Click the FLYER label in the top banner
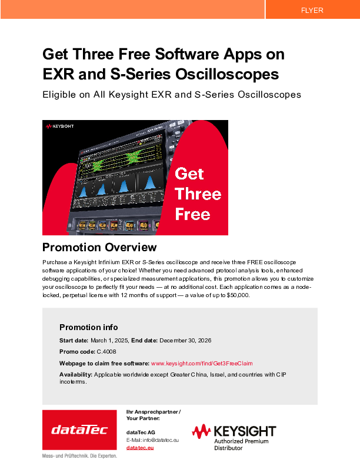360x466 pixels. click(x=312, y=11)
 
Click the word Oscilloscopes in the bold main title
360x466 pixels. click(x=227, y=74)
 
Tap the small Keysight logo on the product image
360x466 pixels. click(x=59, y=127)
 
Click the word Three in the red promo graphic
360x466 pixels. click(x=198, y=194)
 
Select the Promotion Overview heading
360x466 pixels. click(x=99, y=247)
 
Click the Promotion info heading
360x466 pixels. click(x=88, y=327)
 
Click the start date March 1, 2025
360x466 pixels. click(x=109, y=341)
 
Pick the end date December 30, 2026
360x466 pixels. click(x=185, y=341)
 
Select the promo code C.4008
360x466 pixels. click(x=106, y=352)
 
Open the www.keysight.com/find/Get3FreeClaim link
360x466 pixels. click(x=202, y=364)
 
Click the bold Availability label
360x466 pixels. click(x=76, y=374)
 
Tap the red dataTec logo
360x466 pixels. click(x=79, y=430)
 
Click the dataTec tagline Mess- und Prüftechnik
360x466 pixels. click(x=79, y=456)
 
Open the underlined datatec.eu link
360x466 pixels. click(x=140, y=448)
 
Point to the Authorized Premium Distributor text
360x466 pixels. click(x=241, y=445)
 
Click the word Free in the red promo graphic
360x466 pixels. click(x=192, y=214)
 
